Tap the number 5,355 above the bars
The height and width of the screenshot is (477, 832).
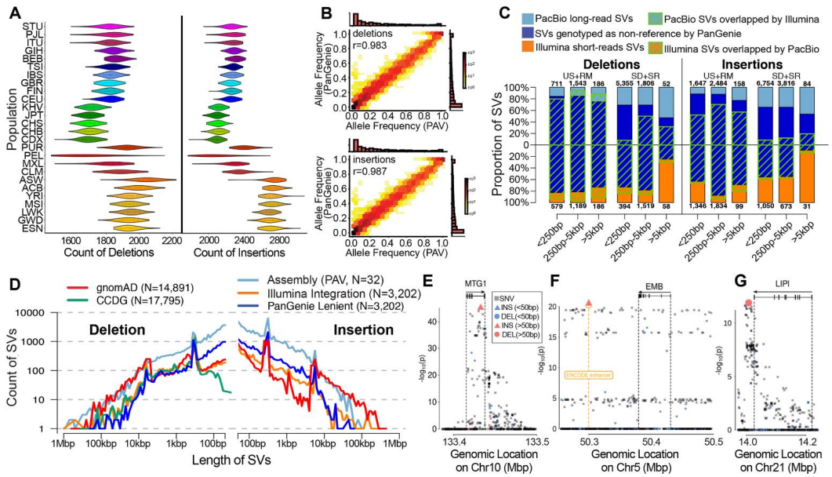(625, 84)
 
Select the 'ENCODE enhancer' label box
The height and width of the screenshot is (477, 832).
(587, 374)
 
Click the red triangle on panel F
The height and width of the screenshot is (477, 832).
(588, 302)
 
